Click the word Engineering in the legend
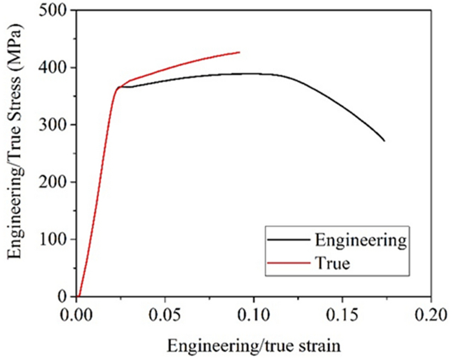(360, 240)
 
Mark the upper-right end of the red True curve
(240, 52)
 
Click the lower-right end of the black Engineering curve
(384, 141)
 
